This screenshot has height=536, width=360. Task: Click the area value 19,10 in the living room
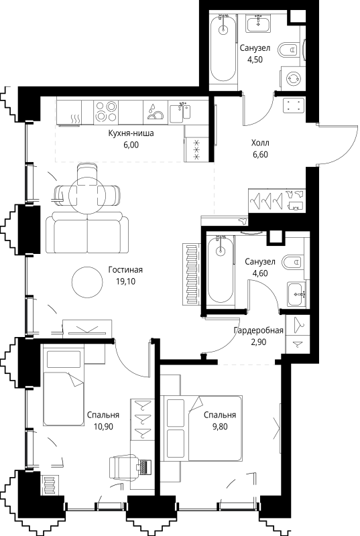(x=125, y=281)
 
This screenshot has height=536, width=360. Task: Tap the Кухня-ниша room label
(x=131, y=133)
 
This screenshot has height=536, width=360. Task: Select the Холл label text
(x=260, y=143)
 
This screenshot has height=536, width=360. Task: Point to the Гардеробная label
(x=258, y=330)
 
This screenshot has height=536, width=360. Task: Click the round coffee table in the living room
(x=86, y=282)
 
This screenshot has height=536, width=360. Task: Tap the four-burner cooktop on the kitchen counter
(x=107, y=109)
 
